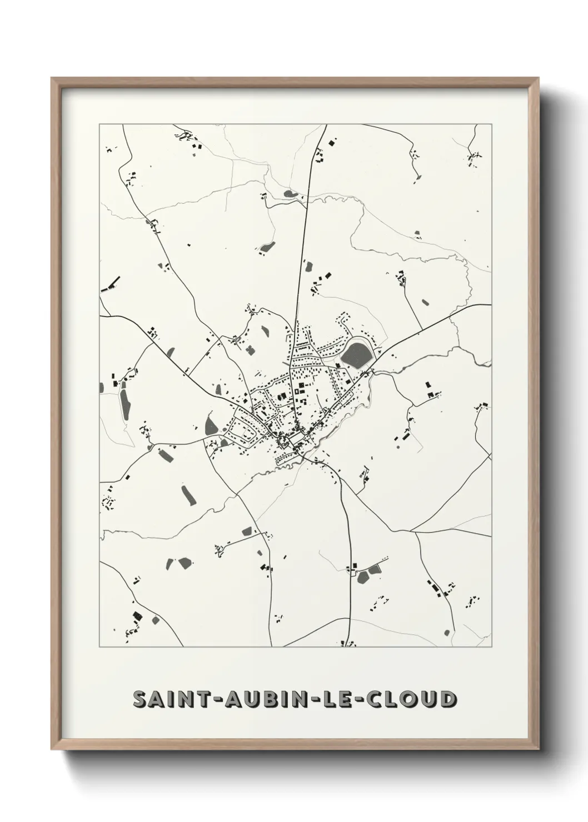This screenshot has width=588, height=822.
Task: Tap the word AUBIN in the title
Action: (269, 700)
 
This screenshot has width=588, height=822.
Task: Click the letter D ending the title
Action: (447, 700)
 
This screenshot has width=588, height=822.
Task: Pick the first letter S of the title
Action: (139, 700)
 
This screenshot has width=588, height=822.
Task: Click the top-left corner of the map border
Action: (99, 124)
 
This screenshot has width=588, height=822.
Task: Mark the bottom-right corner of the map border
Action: (491, 647)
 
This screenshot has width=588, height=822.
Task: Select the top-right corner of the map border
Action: (491, 124)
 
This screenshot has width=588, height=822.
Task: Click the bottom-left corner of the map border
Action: (99, 647)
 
